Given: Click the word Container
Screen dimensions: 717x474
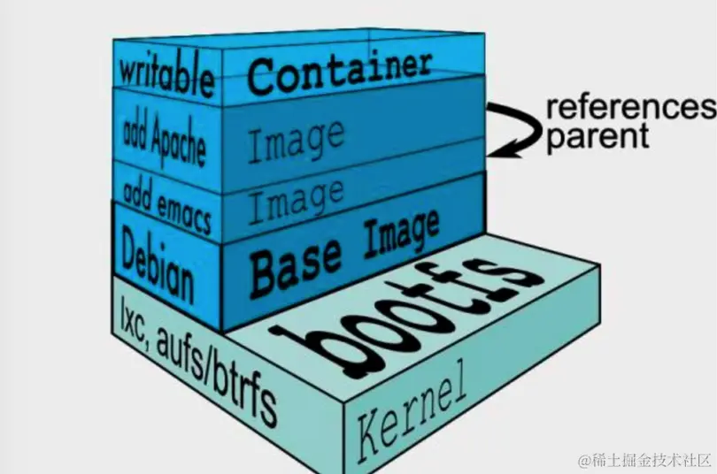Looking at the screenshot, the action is [x=340, y=70].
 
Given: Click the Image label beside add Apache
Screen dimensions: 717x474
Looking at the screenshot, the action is [x=295, y=141].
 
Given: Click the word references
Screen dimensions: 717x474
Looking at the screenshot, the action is [x=629, y=108].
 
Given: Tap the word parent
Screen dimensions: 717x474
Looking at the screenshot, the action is [x=597, y=138].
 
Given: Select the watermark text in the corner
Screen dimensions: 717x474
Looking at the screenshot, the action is [x=644, y=460].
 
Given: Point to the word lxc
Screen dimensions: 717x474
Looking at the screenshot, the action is [x=135, y=317].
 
